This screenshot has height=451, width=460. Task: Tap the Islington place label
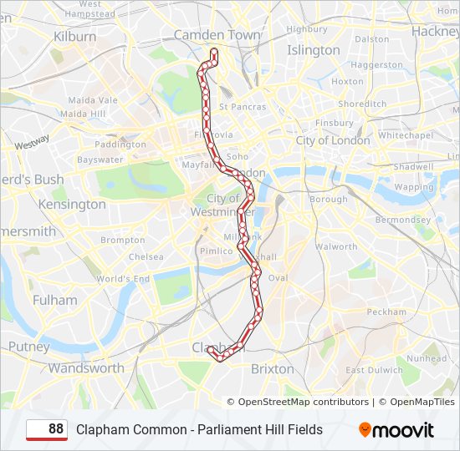314,50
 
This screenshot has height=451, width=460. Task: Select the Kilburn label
75,37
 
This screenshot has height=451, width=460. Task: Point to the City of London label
333,140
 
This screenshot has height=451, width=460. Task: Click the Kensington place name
72,204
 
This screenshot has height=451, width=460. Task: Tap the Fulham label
55,300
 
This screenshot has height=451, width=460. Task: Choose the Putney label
29,346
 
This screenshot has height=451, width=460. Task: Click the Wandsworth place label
86,367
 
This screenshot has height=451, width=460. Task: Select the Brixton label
273,368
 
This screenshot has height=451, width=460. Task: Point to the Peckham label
386,312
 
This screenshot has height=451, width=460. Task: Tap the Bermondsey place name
403,220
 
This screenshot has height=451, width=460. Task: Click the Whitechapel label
405,135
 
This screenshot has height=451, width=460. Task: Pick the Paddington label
120,144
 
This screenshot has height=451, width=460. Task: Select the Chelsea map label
146,257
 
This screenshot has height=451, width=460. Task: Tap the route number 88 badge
48,429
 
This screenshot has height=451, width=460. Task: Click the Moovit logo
396,430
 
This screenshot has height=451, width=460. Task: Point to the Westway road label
32,142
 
